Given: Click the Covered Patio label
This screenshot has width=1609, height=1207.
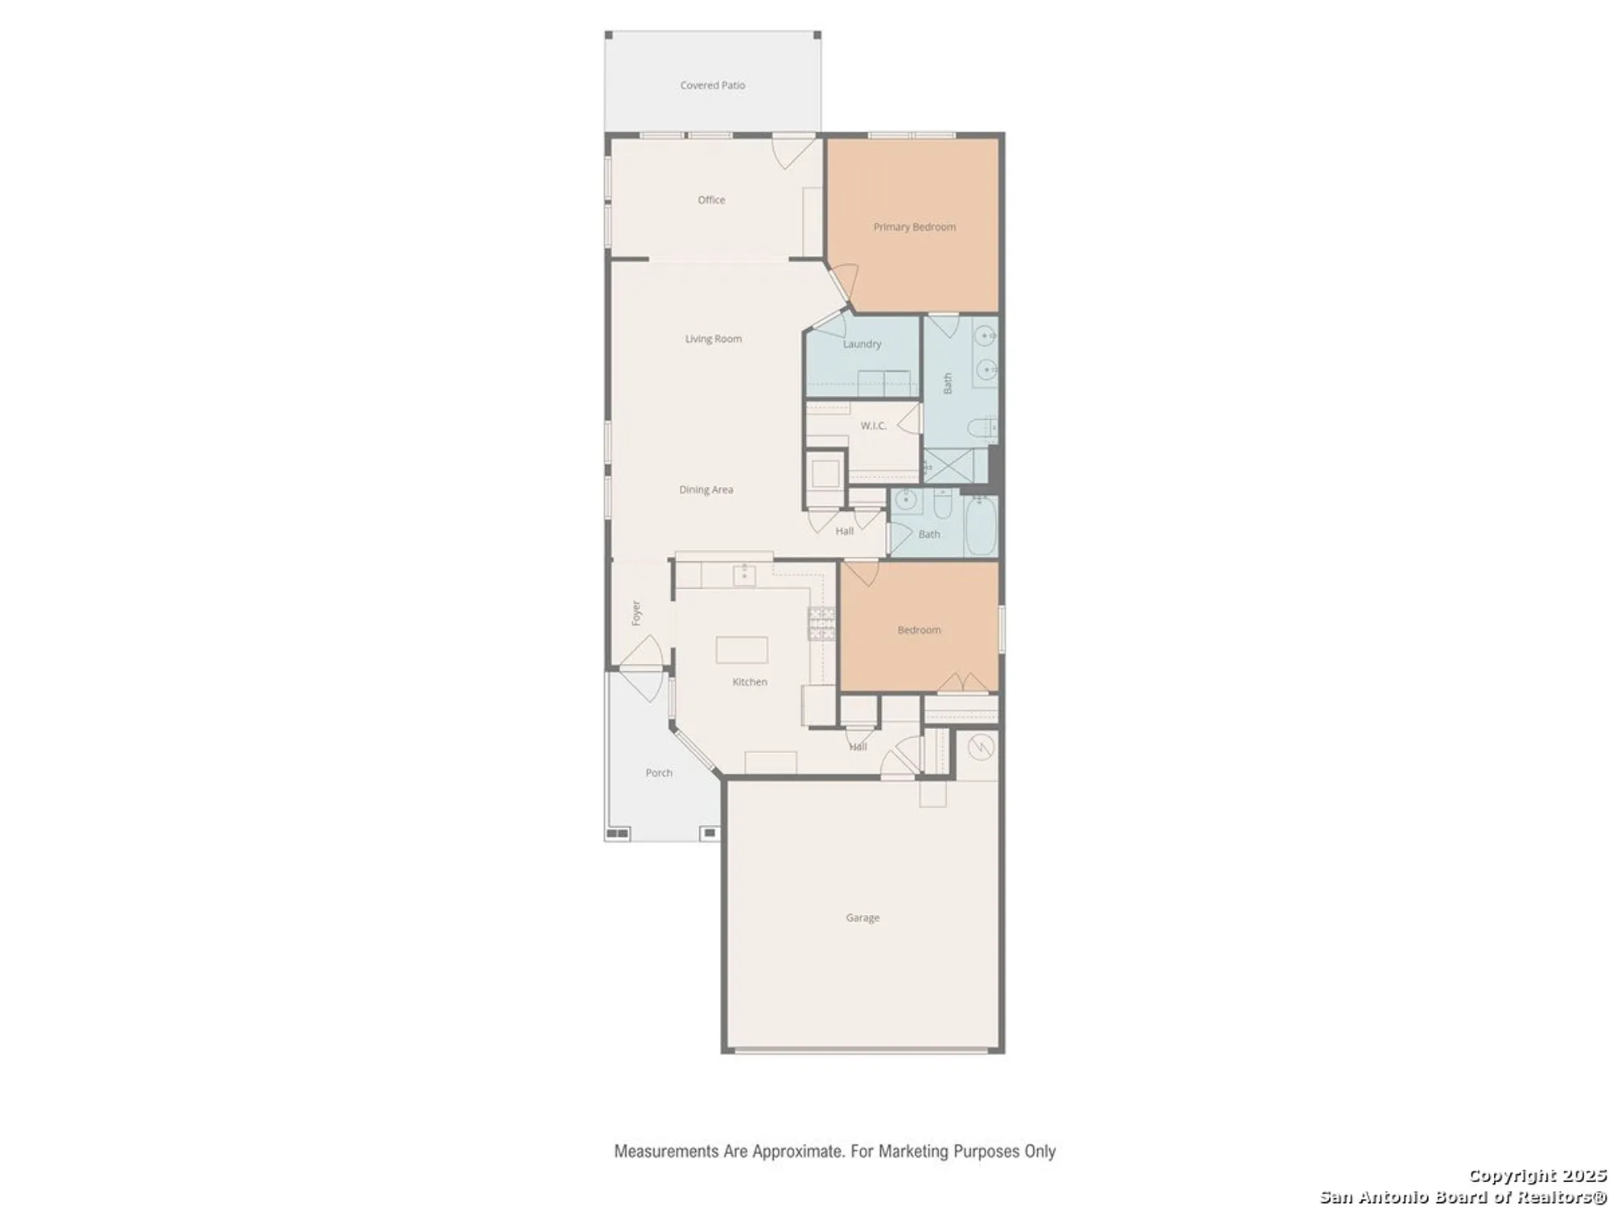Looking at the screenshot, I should pos(712,85).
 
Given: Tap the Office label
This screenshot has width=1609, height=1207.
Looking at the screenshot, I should pos(711,200).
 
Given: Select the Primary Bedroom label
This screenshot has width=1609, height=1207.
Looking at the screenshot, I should pos(915,227).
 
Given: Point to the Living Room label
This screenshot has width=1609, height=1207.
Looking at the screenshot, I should pos(713,339).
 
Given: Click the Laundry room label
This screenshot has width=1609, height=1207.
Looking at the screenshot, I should pos(862,344).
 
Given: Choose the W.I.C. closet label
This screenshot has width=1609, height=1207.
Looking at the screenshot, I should pos(873,426).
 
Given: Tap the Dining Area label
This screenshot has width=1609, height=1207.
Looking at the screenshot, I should pos(706,489).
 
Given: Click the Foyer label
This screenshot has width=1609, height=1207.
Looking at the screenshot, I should pos(636,613).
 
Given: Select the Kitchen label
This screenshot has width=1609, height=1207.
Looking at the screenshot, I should pos(749,682).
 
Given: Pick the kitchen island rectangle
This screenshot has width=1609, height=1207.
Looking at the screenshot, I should pos(742,649).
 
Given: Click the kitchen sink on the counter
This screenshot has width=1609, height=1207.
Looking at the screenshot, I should pos(744,575).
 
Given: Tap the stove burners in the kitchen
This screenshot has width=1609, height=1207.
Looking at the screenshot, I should pos(821,624).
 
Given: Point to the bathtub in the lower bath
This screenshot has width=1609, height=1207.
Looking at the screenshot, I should pos(981,526).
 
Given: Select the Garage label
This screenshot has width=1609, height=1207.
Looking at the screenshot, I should pos(862,917).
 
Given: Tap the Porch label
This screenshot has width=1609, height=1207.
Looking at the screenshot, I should pos(658,772).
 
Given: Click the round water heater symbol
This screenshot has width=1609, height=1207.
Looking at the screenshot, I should pos(980,748).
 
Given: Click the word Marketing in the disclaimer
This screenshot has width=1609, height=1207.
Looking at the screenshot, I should pos(913,1151).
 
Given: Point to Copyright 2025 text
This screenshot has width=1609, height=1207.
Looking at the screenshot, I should pos(1537,1176).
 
